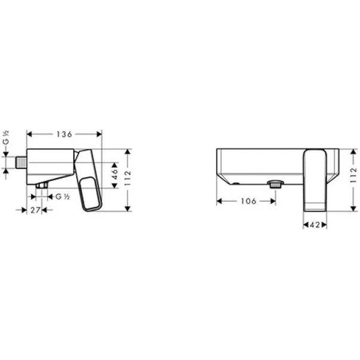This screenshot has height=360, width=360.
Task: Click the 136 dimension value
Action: point(64,134)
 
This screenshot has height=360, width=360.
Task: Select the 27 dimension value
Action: point(36,210)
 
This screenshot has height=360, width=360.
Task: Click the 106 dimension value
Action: point(248,201)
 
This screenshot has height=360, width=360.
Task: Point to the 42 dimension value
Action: point(315,225)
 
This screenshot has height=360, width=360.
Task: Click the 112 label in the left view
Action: point(128,178)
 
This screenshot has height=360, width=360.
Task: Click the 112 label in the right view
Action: point(354,175)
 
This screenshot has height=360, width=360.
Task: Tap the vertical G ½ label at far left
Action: point(6,138)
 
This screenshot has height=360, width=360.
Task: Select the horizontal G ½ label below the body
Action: point(63,197)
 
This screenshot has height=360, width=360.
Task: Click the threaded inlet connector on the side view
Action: point(21,162)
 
